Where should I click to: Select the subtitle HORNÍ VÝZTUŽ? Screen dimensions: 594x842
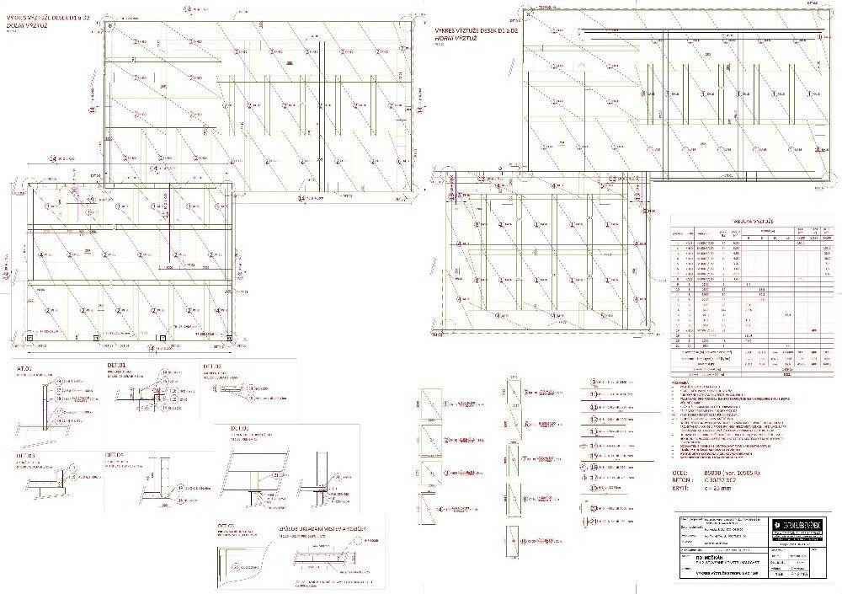click(x=452, y=38)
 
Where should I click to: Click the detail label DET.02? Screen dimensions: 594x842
click(x=211, y=367)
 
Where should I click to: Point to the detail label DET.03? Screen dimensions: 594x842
click(x=25, y=456)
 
